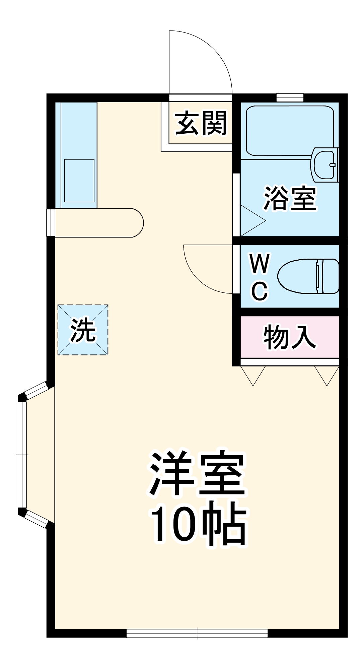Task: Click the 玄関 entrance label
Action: pyautogui.click(x=201, y=123)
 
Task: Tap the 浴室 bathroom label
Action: pyautogui.click(x=290, y=198)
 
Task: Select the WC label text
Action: pyautogui.click(x=260, y=277)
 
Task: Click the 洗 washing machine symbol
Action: pyautogui.click(x=83, y=330)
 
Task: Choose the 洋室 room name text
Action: pyautogui.click(x=198, y=473)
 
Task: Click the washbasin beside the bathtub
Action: pyautogui.click(x=324, y=164)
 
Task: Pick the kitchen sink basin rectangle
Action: pyautogui.click(x=79, y=181)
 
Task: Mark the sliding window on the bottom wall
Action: pyautogui.click(x=197, y=633)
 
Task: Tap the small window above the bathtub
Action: pyautogui.click(x=290, y=97)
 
